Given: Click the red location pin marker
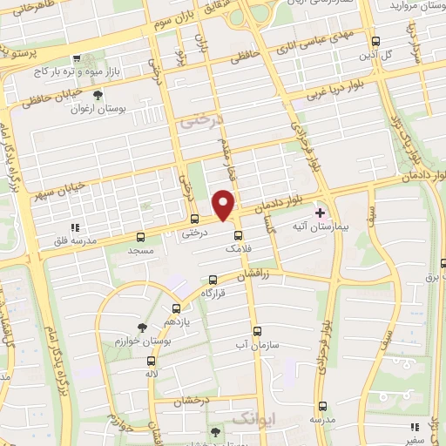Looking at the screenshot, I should pos(225,204).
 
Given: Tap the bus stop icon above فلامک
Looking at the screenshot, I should pos(238,235).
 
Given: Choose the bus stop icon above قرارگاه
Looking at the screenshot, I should pos(213,280).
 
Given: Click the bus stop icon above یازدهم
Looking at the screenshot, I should pos(176,308).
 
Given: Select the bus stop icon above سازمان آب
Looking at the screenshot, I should pos(256,332).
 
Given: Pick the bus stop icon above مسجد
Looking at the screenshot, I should pos(141,237).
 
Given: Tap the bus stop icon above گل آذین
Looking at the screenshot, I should pos(375,41).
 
